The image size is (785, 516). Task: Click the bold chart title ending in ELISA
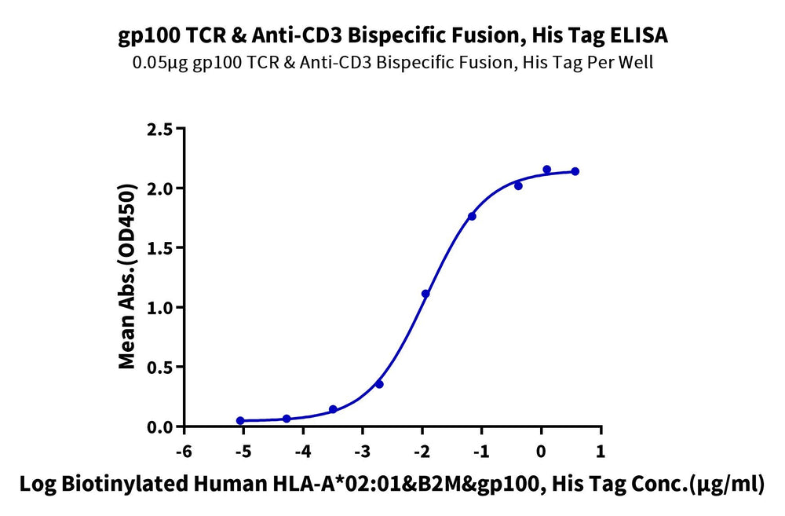(x=393, y=35)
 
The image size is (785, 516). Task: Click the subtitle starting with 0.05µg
(x=393, y=62)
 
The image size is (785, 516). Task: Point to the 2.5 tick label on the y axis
(x=159, y=130)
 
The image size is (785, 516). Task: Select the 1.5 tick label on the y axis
(x=159, y=248)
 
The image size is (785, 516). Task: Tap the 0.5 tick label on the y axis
(x=159, y=368)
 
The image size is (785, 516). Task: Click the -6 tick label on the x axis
(x=184, y=452)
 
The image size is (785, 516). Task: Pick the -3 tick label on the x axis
(x=363, y=452)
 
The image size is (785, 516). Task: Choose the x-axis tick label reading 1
(x=601, y=452)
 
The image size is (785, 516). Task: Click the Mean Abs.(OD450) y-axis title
(x=126, y=277)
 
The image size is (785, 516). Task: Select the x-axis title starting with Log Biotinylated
(x=392, y=485)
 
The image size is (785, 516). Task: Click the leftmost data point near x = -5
(x=240, y=420)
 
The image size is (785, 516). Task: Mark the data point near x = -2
(x=425, y=294)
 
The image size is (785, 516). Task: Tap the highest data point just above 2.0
(x=546, y=170)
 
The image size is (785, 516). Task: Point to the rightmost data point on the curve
(x=575, y=171)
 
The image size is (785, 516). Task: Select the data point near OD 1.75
(x=472, y=216)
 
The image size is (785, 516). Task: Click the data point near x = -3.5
(x=333, y=409)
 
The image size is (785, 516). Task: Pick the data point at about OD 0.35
(x=379, y=384)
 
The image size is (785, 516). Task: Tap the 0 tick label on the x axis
(x=541, y=452)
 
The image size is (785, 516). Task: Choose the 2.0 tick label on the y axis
(x=159, y=188)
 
